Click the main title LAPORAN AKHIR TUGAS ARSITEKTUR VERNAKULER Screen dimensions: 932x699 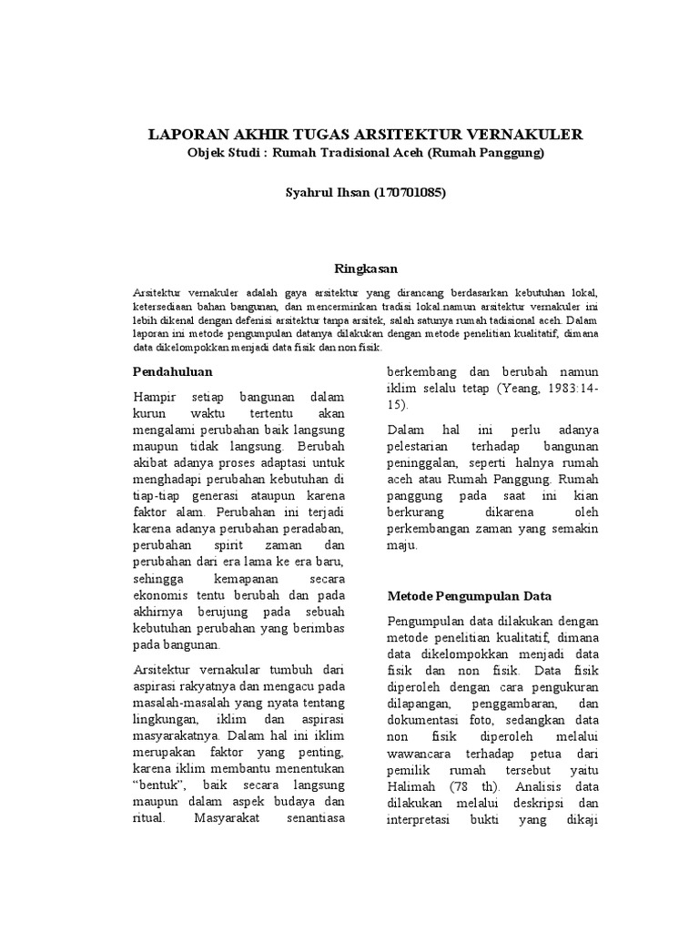[x=365, y=135]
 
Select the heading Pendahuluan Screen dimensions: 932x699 [x=173, y=372]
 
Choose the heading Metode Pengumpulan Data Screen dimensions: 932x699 [x=470, y=596]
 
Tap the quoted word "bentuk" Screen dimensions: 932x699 [x=160, y=785]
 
